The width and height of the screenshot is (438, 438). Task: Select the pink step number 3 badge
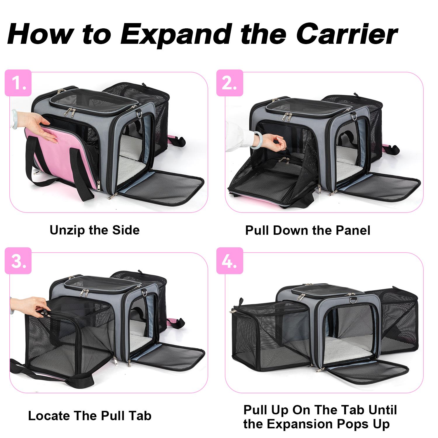point(18,261)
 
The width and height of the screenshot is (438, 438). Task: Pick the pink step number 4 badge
point(230,261)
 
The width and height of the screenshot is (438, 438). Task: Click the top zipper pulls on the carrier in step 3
point(85,292)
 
